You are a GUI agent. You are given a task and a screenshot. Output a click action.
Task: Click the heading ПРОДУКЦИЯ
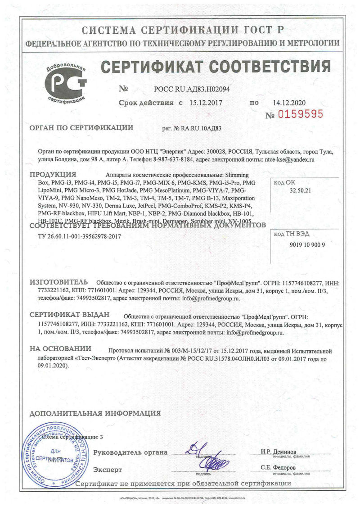pyautogui.click(x=53, y=175)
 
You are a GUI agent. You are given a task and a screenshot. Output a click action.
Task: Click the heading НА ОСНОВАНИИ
pyautogui.click(x=60, y=348)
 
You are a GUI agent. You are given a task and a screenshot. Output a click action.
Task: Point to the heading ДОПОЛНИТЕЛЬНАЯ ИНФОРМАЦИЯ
pyautogui.click(x=95, y=413)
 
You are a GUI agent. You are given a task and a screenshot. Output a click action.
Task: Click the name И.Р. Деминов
pyautogui.click(x=279, y=452)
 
